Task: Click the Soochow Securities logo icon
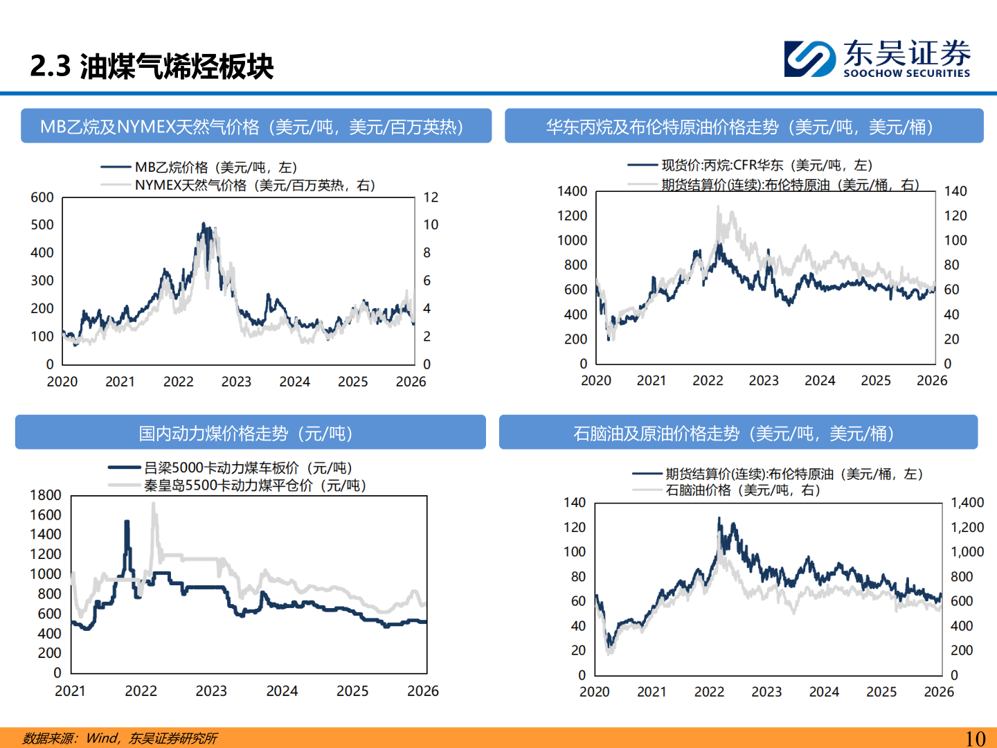click(x=809, y=58)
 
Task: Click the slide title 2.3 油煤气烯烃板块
click(x=152, y=66)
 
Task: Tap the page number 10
click(x=975, y=738)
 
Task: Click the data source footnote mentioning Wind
click(x=120, y=738)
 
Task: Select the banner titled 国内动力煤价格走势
click(x=250, y=433)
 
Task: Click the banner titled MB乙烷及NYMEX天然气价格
click(x=255, y=126)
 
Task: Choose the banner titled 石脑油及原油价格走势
click(x=737, y=433)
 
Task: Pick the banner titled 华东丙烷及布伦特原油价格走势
click(x=744, y=126)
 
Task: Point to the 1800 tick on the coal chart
click(x=46, y=495)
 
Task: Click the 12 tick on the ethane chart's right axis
click(x=431, y=197)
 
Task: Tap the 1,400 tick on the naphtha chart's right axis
click(x=967, y=503)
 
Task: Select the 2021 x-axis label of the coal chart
click(x=70, y=691)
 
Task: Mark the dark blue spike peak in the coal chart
click(x=127, y=522)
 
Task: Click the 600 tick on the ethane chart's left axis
click(x=42, y=197)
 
